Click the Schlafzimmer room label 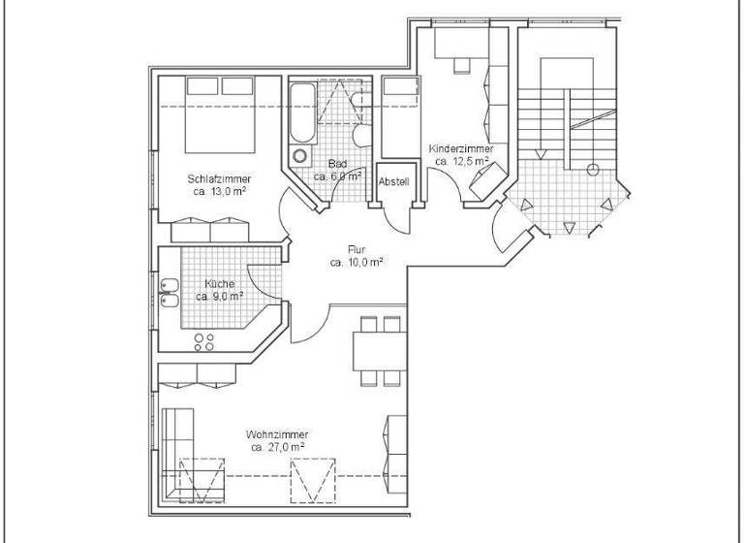220,178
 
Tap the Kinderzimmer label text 461,148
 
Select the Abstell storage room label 393,181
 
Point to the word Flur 356,249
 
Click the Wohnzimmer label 277,434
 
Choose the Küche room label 218,283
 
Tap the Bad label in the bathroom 337,163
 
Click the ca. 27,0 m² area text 278,448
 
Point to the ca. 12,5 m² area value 462,161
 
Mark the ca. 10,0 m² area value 356,262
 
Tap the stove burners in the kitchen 205,341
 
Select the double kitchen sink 169,292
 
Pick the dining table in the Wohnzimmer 377,350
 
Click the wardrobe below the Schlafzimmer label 210,232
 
